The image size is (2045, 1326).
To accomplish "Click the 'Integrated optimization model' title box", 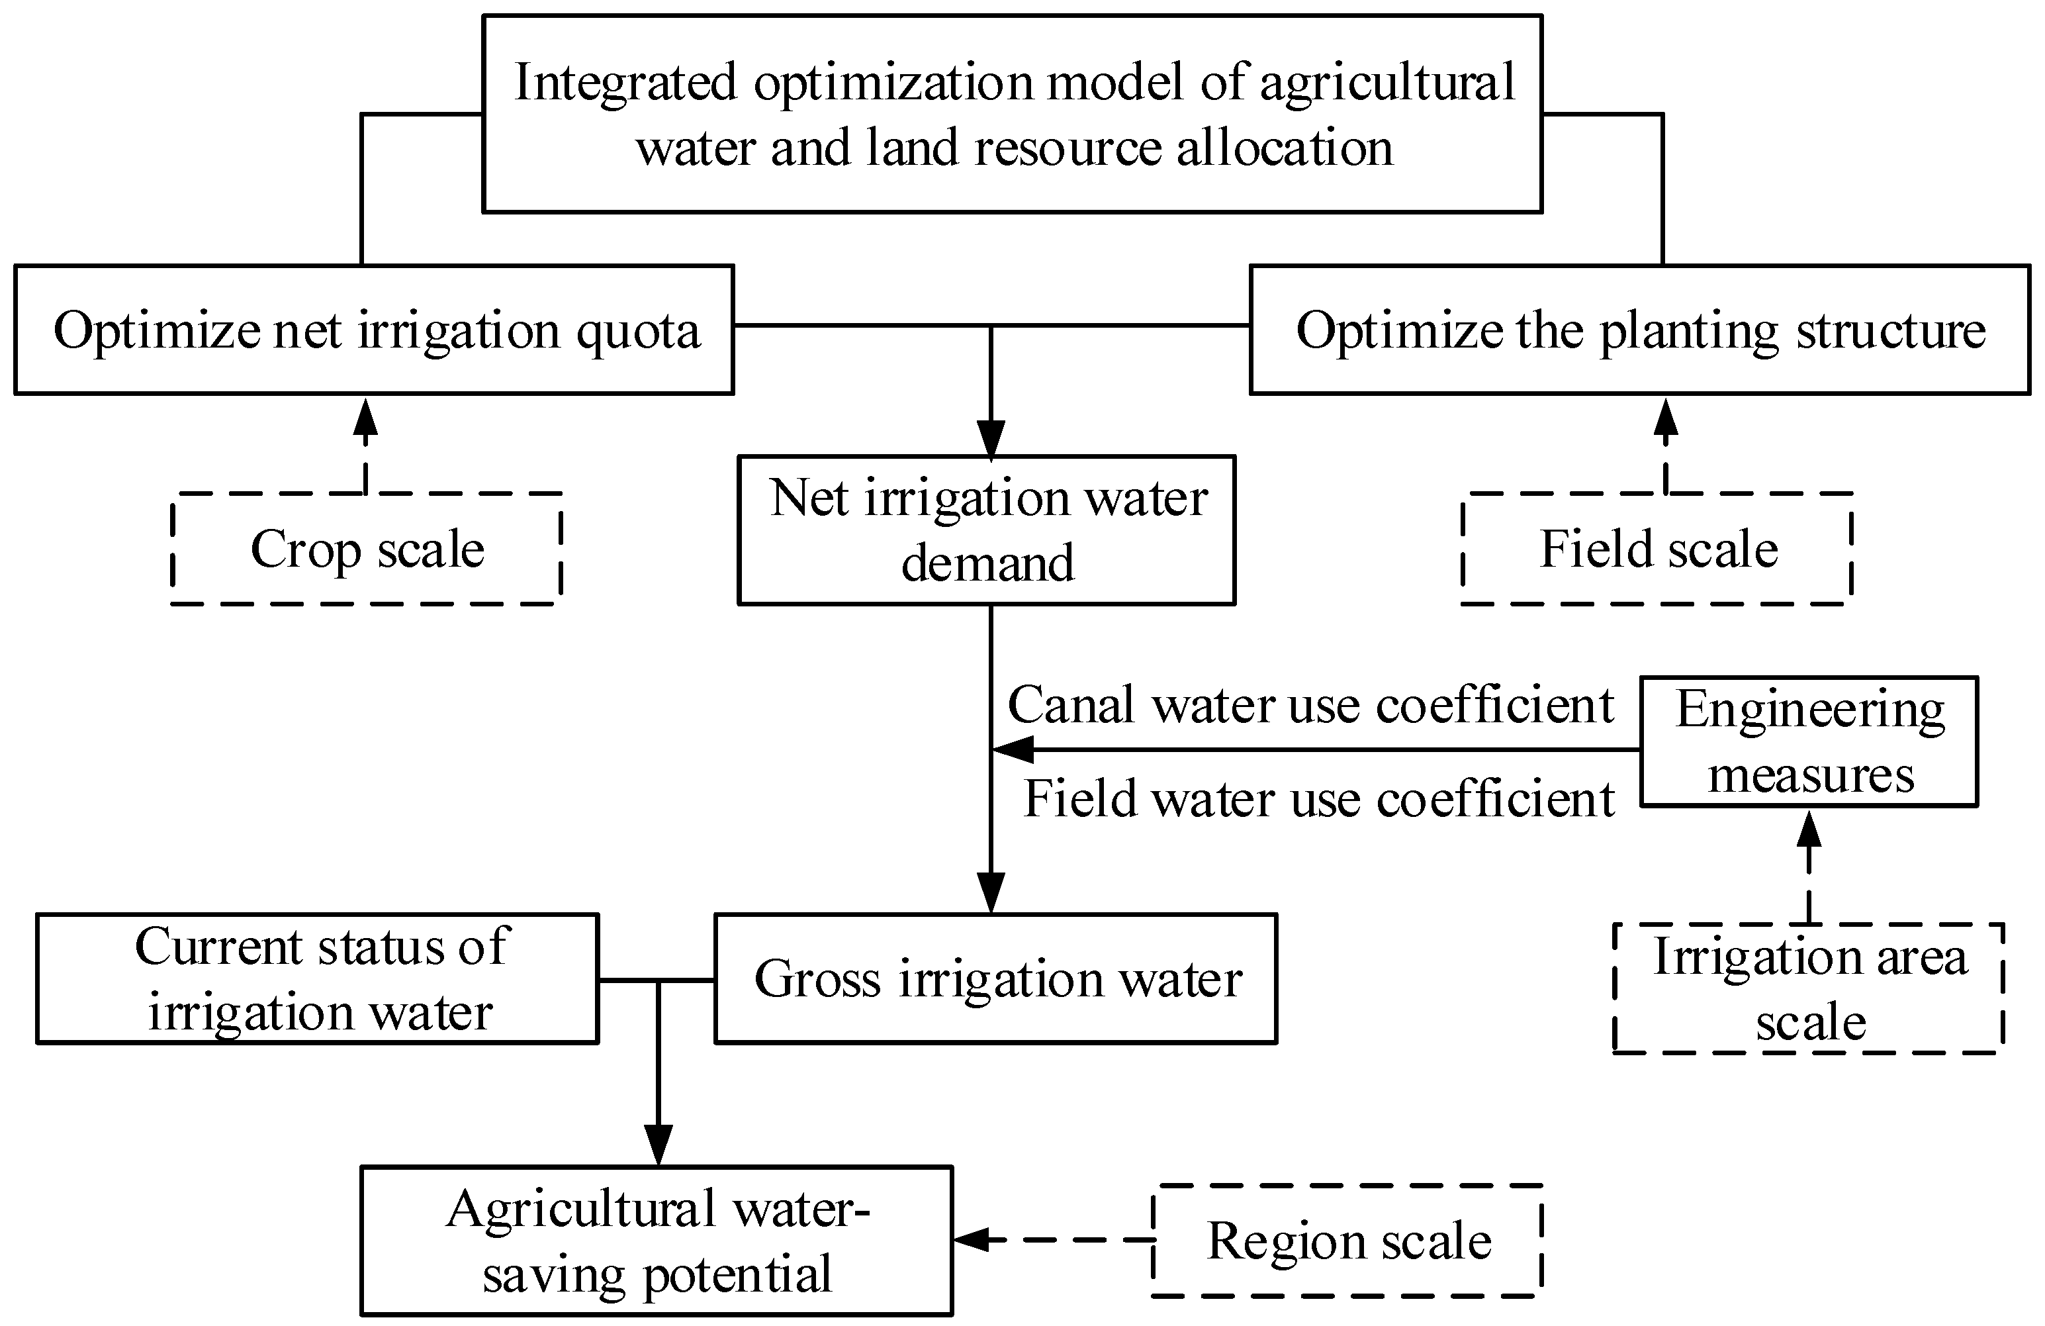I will (x=1012, y=113).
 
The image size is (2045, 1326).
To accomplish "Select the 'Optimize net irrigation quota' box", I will (x=374, y=330).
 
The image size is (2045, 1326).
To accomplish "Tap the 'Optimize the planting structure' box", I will (x=1639, y=330).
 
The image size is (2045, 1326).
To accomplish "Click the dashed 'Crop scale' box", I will (x=367, y=548).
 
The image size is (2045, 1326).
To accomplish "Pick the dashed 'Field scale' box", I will (x=1657, y=548).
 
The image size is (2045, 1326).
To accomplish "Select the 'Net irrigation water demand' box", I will (x=986, y=530).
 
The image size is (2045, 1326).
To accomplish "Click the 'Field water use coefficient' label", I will (x=1319, y=798).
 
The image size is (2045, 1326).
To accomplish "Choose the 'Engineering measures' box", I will (x=1809, y=741).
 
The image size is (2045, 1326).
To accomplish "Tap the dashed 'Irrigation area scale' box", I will (x=1809, y=988).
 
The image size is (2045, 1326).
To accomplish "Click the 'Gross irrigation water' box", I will (x=996, y=979).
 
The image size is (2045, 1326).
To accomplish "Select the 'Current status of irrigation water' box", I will (x=318, y=979).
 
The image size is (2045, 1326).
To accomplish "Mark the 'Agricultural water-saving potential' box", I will (x=657, y=1240).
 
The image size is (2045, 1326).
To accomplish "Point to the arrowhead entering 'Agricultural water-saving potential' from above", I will (x=659, y=1145).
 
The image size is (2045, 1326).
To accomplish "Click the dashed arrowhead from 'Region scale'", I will (x=972, y=1239).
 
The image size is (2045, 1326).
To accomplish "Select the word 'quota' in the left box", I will (x=637, y=332).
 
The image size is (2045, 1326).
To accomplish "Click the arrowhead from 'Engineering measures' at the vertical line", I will (x=1012, y=749).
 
